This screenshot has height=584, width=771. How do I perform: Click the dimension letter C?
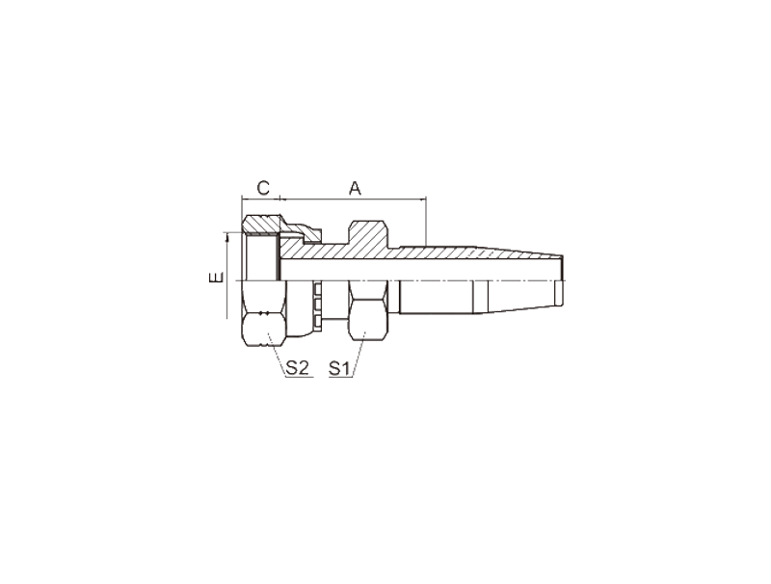263,188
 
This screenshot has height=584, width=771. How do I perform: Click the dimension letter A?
355,188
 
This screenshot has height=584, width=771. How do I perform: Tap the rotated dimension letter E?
216,278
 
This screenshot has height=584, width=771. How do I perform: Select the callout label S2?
297,368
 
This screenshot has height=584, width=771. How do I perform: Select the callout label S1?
339,368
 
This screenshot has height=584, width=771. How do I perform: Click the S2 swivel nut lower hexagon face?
264,330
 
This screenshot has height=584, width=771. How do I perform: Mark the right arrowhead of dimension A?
423,199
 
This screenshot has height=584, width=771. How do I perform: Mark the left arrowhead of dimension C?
245,199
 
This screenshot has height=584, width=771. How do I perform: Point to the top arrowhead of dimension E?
227,237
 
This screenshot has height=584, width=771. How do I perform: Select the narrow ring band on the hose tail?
480,297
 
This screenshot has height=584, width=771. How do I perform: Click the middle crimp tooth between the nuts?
317,305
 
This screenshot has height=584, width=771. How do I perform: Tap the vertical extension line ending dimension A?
426,222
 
